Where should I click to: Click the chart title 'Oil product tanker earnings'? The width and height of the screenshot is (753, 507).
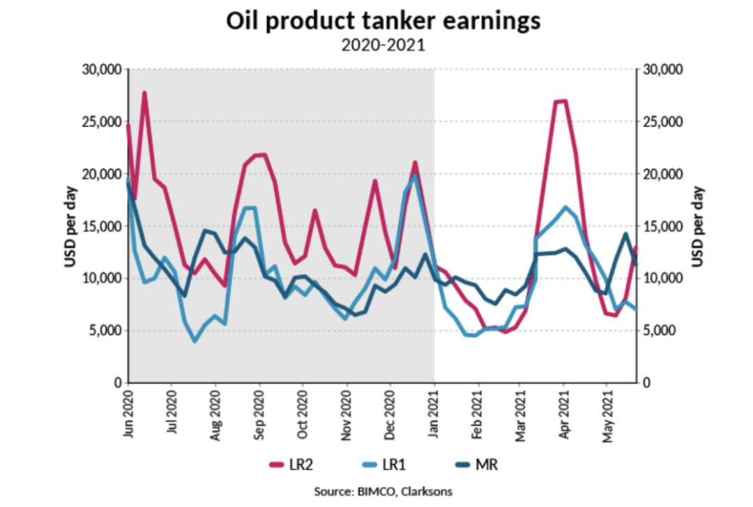(x=383, y=21)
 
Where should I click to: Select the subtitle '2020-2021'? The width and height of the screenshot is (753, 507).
(x=383, y=46)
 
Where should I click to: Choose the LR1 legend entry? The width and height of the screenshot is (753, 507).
(x=391, y=465)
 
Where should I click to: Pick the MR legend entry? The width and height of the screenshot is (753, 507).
(x=481, y=465)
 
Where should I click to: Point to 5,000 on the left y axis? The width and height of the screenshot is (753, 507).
(x=106, y=331)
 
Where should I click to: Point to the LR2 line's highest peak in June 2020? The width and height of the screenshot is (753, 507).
(x=144, y=93)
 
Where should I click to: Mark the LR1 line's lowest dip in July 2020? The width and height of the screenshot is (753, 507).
(x=195, y=341)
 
